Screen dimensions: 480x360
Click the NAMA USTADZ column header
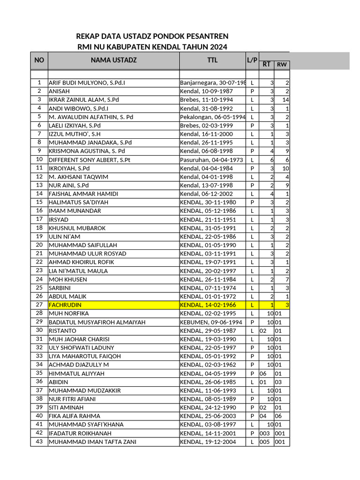point(113,60)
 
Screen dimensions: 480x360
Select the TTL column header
point(212,60)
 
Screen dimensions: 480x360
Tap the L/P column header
point(252,60)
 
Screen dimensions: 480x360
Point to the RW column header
point(282,65)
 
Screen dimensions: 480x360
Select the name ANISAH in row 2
point(59,91)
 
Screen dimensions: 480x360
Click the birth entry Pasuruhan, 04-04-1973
point(211,160)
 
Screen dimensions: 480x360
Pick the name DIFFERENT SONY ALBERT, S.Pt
point(89,160)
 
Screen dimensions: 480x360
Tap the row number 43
point(39,441)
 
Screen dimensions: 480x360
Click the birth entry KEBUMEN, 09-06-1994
point(211,322)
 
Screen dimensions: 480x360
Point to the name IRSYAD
point(59,219)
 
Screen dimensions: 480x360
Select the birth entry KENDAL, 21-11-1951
point(208,219)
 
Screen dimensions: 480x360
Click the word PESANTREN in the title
point(206,37)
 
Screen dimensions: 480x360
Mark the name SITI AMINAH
point(66,407)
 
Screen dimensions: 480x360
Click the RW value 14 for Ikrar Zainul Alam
point(285,100)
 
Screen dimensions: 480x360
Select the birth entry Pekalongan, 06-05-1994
point(213,117)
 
